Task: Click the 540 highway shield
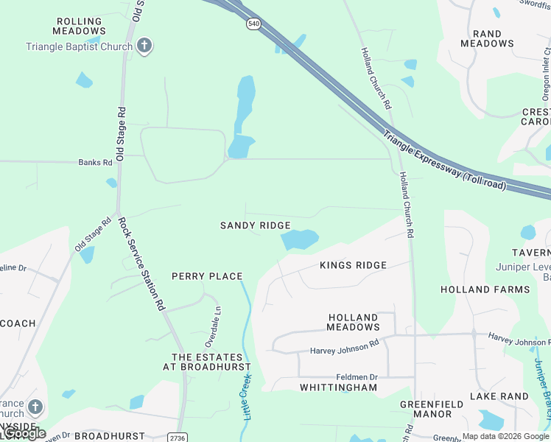pos(253,24)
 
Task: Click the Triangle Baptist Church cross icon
pos(144,46)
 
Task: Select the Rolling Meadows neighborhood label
pos(80,26)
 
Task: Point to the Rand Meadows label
pos(487,38)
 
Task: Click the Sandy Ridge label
pos(255,225)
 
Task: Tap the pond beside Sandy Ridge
pos(299,239)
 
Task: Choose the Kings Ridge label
pos(353,265)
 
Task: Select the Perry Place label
pos(207,276)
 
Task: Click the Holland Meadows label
pos(354,322)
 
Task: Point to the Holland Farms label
pos(485,290)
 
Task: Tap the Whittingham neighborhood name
pos(338,387)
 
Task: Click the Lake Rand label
pos(499,396)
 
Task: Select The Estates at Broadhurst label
pos(206,362)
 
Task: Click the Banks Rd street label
pos(96,162)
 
